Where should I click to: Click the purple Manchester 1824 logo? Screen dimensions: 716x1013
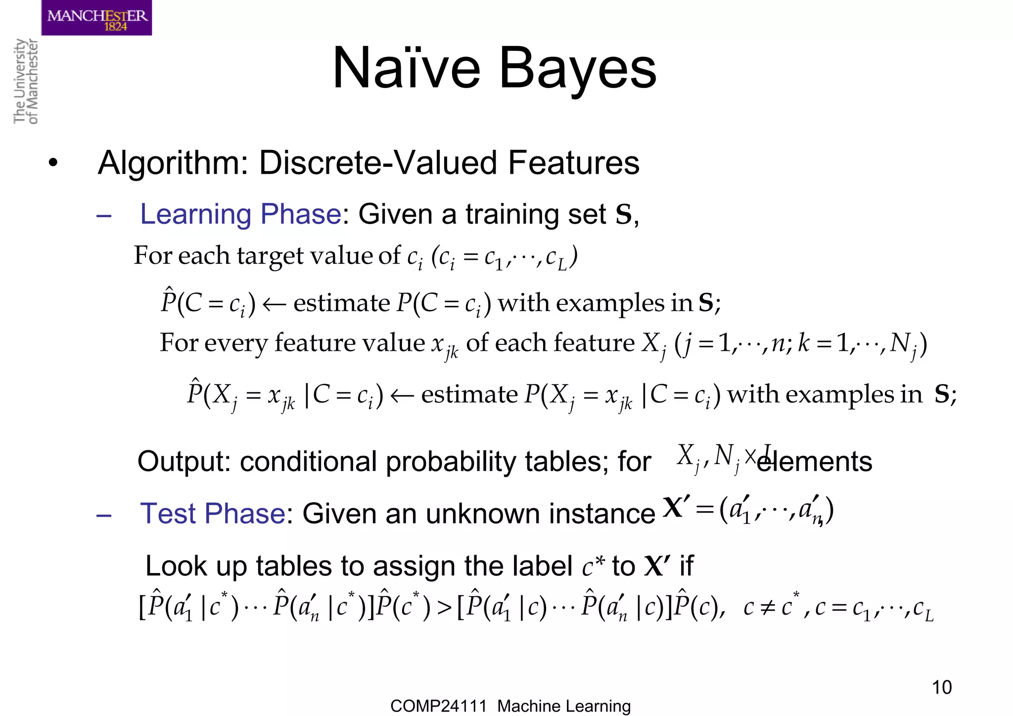pos(96,18)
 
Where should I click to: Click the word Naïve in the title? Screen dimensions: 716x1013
pos(406,68)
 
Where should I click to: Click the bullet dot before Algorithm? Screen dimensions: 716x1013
pos(53,163)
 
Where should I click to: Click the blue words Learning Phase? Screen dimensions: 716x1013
pos(240,214)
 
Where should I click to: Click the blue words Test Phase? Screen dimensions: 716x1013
pos(213,513)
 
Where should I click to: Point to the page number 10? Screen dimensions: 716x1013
pos(941,687)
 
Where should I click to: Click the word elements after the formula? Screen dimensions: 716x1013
pos(815,462)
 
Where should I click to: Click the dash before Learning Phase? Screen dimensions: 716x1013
pos(104,216)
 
